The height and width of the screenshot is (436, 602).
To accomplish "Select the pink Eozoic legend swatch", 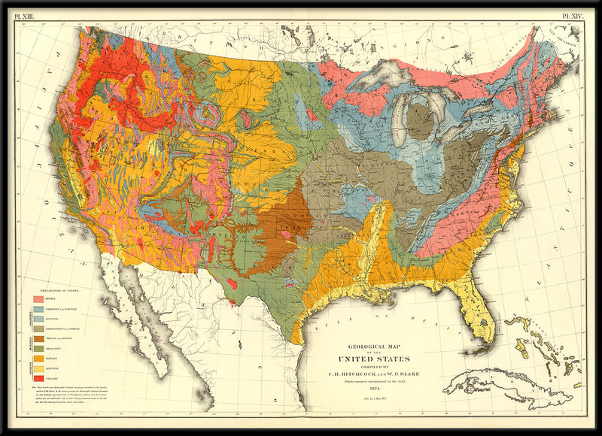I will coord(38,298).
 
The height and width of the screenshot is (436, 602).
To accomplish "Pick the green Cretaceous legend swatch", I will coord(38,350).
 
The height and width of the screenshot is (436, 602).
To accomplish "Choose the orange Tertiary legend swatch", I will coord(38,359).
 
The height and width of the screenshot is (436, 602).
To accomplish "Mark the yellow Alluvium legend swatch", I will coord(38,369).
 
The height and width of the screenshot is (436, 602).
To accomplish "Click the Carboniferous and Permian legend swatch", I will coord(38,329).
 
